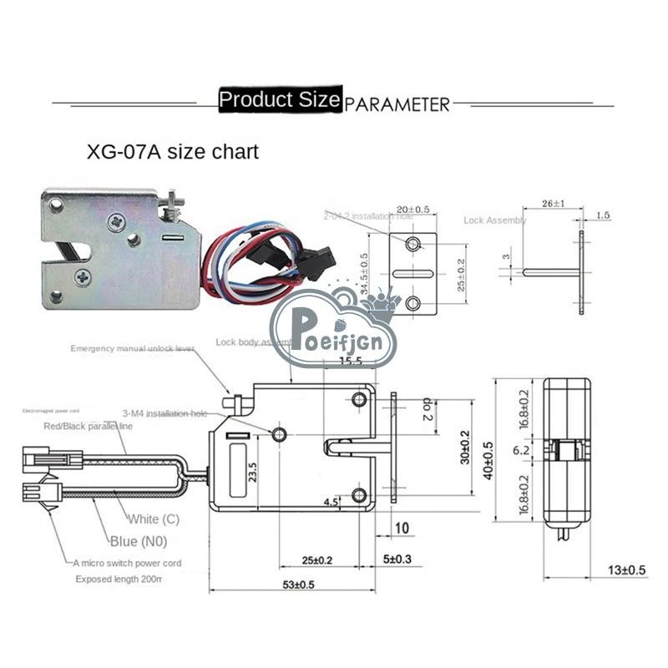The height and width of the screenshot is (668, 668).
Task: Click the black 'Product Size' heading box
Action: click(279, 100)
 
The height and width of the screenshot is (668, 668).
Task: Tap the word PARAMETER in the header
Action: click(397, 104)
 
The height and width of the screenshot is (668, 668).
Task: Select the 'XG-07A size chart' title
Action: click(173, 152)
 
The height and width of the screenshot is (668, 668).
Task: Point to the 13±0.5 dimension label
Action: click(626, 570)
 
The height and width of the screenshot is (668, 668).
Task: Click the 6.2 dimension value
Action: click(520, 450)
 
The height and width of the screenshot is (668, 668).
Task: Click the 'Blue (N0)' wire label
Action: click(138, 540)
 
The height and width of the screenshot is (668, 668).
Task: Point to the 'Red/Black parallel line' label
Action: click(88, 426)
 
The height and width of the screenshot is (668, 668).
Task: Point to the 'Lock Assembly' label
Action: click(495, 220)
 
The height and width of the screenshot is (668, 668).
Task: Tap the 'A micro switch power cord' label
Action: click(127, 563)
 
